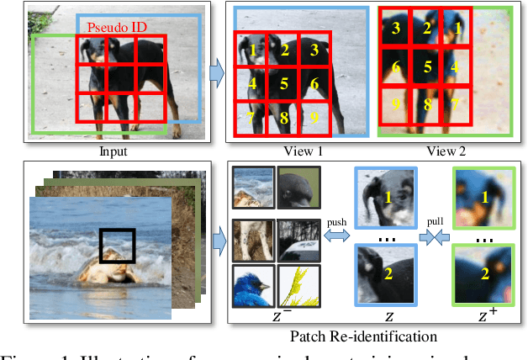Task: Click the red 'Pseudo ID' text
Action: (x=117, y=27)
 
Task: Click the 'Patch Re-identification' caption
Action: (x=363, y=336)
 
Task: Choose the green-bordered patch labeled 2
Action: (x=484, y=274)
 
